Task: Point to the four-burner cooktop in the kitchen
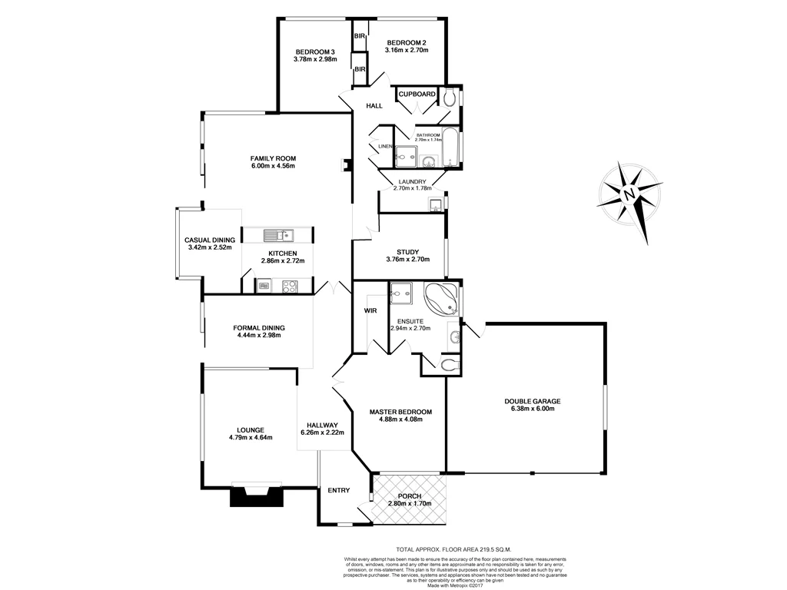pos(291,287)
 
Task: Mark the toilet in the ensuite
pos(450,364)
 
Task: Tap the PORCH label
pos(409,496)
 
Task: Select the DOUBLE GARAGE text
pos(533,401)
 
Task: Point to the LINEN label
pos(384,146)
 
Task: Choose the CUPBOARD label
pos(417,94)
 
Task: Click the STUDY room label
pos(407,252)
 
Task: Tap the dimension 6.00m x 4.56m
pos(273,166)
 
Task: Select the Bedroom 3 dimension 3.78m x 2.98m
pos(315,58)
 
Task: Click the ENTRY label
pos(338,490)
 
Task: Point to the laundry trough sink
pos(436,204)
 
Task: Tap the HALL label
pos(374,106)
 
